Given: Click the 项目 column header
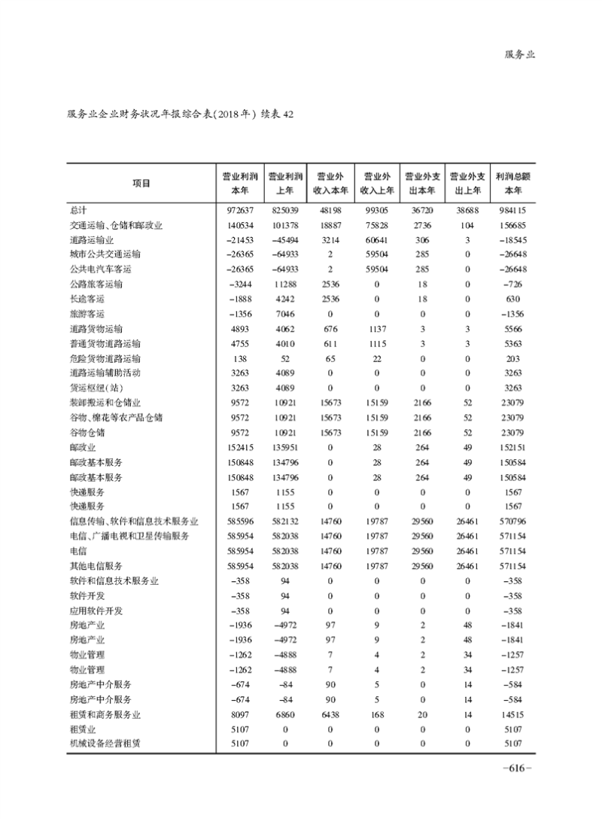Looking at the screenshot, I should point(141,183).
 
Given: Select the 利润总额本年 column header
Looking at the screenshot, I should point(509,183).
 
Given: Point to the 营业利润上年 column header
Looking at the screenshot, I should point(285,183).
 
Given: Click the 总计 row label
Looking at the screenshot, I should point(79,209).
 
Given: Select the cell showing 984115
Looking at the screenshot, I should point(509,209).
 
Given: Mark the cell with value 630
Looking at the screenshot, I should point(514,298).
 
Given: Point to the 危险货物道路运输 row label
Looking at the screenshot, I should point(105,358).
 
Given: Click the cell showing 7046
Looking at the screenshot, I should point(285,313).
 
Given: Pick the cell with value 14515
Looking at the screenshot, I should point(509,714).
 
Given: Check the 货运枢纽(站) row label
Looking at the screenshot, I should point(97,388).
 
